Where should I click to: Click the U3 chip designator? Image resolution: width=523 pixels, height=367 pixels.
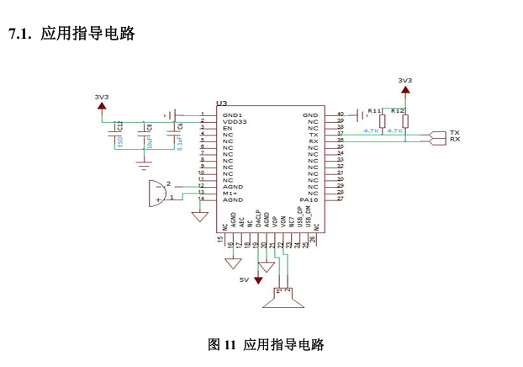pyautogui.click(x=222, y=104)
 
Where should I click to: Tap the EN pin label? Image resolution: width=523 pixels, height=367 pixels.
pyautogui.click(x=227, y=128)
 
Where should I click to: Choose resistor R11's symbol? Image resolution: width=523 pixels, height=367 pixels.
pyautogui.click(x=383, y=122)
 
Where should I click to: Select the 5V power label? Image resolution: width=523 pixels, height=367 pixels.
pyautogui.click(x=244, y=279)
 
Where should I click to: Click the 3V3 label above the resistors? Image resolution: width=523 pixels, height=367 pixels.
pyautogui.click(x=404, y=80)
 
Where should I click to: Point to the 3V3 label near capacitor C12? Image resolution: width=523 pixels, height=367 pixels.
pyautogui.click(x=102, y=97)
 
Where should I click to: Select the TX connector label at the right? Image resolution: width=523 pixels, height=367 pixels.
pyautogui.click(x=454, y=133)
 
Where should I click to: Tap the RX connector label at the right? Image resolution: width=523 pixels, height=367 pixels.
pyautogui.click(x=454, y=140)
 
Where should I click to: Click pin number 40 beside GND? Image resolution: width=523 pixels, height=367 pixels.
pyautogui.click(x=340, y=114)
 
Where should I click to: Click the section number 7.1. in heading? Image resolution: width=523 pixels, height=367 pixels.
pyautogui.click(x=20, y=34)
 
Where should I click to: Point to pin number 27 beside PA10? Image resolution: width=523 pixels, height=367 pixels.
pyautogui.click(x=340, y=199)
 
